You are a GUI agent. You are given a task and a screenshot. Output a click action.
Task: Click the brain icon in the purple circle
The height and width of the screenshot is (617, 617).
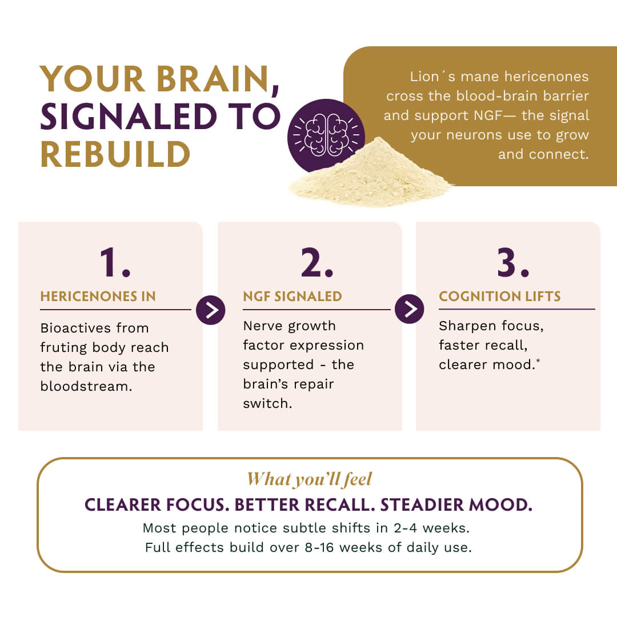pos(327,135)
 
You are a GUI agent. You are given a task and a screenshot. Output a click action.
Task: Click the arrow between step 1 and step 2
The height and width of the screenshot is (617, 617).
pos(210,310)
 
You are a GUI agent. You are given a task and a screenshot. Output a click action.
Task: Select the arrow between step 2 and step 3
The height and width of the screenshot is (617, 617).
pos(409,309)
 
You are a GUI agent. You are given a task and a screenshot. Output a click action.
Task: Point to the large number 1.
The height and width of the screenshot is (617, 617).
pos(114,263)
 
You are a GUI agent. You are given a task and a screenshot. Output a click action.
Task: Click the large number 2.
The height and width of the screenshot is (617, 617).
pos(316,263)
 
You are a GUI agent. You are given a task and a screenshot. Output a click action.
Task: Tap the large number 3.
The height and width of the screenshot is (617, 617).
pos(513,263)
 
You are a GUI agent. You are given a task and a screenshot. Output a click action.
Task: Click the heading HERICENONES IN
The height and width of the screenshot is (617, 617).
pos(98,297)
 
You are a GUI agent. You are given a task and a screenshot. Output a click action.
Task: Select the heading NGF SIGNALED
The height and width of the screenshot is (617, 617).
pos(293,297)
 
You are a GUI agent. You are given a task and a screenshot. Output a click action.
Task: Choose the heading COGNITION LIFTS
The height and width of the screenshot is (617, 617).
pos(500,297)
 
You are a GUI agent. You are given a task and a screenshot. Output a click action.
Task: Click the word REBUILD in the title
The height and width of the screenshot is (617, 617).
pos(115,154)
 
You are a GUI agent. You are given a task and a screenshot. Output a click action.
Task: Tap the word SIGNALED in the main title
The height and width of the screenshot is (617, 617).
pos(129,117)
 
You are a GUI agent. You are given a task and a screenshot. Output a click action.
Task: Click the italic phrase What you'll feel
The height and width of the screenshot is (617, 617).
pos(309,479)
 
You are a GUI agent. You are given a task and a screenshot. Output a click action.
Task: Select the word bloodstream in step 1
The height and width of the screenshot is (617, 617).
pos(86,386)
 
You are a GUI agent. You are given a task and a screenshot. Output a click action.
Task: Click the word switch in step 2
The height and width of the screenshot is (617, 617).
pos(267,404)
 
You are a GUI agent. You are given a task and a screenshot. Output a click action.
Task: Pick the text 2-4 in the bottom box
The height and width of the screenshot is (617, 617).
pos(405,528)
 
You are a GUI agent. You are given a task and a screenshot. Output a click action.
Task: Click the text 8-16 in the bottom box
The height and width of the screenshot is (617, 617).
pos(319,547)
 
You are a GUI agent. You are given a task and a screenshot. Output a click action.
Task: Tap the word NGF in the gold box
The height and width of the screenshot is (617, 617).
pos(488,115)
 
